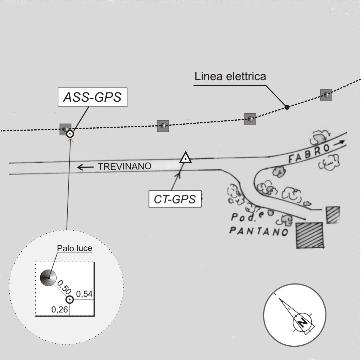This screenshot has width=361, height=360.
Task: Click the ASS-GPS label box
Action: [92, 97]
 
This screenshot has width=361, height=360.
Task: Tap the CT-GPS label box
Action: [175, 199]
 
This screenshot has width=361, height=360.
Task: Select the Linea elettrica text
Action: [230, 76]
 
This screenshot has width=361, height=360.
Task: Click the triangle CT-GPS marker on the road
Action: [185, 158]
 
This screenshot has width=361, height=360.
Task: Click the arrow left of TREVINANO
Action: [85, 167]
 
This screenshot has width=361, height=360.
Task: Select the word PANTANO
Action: [259, 231]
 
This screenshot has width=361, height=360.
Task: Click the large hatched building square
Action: [310, 235]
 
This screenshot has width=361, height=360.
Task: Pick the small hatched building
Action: [333, 215]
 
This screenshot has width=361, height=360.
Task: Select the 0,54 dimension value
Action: [84, 294]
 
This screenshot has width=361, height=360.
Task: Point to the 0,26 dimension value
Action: [60, 310]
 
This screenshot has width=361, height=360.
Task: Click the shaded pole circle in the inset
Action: [48, 278]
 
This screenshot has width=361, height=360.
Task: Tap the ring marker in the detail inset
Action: [69, 300]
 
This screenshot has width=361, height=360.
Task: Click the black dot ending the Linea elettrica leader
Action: [287, 107]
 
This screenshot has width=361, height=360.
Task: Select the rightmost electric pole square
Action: [326, 95]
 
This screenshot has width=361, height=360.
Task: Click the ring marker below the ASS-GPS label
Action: [70, 134]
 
